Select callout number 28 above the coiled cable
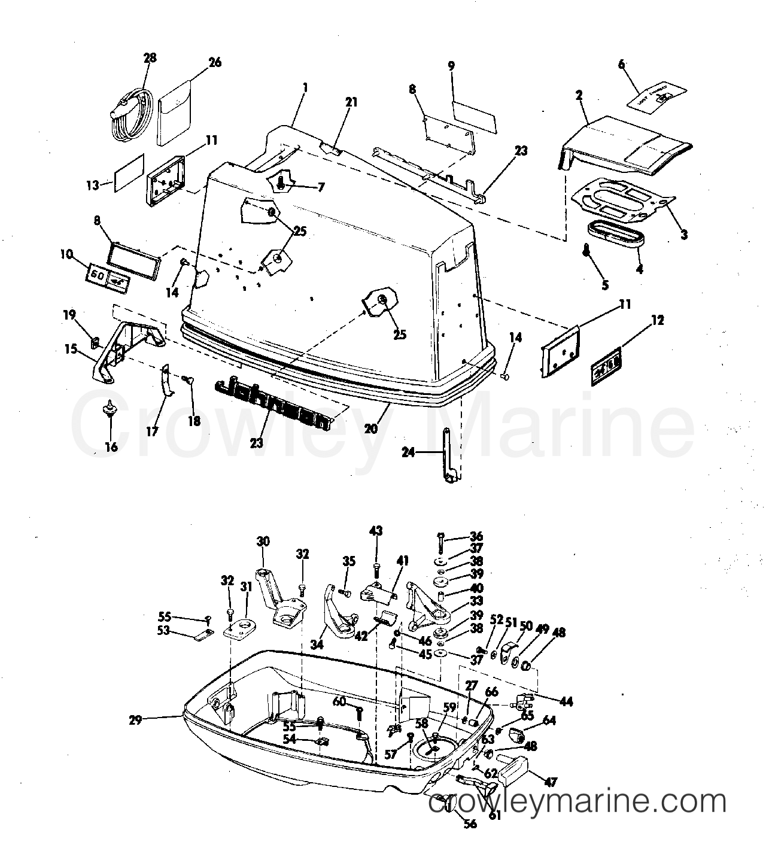(150, 58)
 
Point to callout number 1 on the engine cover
(305, 87)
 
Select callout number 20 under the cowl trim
(372, 428)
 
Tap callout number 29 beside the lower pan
(135, 720)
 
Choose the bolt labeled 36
(441, 542)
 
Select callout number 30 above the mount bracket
(263, 542)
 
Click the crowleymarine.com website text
(577, 801)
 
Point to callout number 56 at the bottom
(470, 823)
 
